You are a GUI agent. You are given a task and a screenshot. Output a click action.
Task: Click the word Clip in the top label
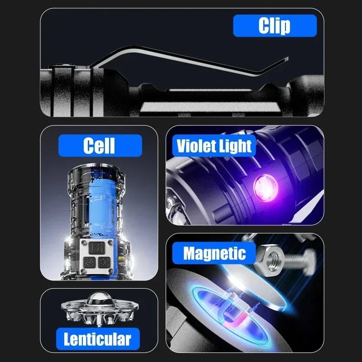(274, 26)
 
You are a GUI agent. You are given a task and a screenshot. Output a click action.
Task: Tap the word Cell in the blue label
(99, 146)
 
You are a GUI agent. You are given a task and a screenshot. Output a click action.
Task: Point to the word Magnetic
(214, 253)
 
